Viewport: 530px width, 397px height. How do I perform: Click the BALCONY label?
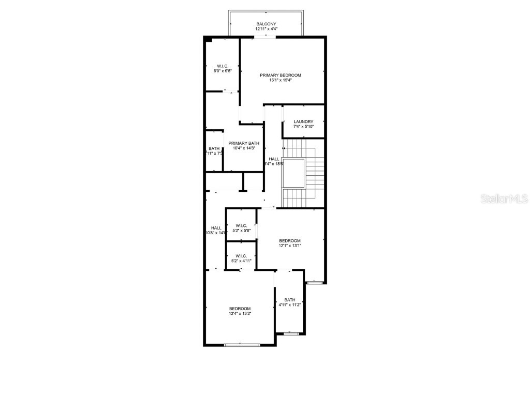tap(266, 24)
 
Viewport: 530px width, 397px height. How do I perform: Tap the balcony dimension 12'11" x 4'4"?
tap(266, 29)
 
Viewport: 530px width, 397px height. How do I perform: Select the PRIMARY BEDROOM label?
tap(280, 75)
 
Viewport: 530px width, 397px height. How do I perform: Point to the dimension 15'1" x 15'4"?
tap(280, 80)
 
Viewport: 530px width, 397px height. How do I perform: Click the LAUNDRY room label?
tap(303, 121)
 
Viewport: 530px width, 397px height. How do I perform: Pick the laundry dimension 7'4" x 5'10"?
tap(303, 127)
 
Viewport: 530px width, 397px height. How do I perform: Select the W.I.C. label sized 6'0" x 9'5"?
tap(223, 66)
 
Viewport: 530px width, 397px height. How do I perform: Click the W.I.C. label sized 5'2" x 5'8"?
tap(241, 225)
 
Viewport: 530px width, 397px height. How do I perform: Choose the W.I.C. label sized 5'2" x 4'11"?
tap(241, 256)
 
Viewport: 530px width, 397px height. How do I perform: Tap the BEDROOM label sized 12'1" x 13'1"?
tap(290, 240)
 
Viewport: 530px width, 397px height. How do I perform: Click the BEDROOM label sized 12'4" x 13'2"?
tap(240, 308)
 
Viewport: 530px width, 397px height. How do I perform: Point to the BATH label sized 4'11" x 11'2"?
tap(290, 300)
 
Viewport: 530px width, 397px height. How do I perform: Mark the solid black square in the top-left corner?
tap(208, 39)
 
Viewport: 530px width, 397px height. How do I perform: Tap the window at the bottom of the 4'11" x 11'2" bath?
tap(291, 333)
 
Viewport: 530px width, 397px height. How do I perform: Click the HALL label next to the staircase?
tap(274, 159)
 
